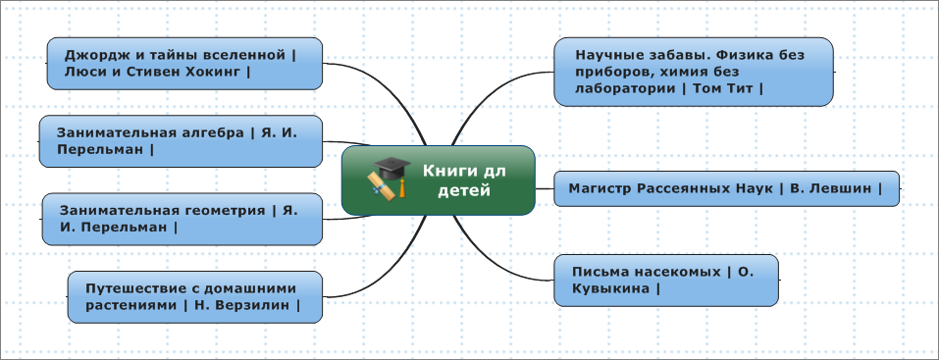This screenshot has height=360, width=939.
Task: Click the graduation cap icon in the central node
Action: coord(391,179)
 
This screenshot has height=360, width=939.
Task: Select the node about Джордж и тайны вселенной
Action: coord(184,64)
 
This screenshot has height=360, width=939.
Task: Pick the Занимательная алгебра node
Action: coord(181,141)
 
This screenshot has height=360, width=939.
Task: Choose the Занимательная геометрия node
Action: coord(183,219)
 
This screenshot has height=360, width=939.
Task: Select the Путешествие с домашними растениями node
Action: coord(194,297)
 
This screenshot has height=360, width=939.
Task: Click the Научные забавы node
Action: coord(694,72)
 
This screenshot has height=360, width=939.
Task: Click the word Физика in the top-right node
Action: coord(741,55)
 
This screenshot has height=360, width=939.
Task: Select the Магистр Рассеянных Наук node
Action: coord(726,188)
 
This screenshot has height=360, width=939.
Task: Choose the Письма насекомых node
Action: coord(666,281)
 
